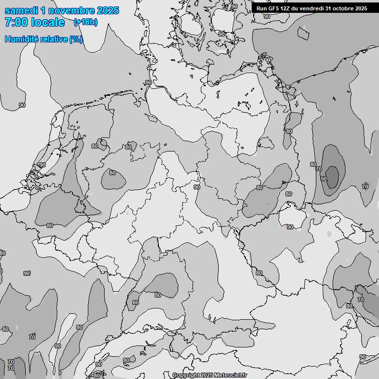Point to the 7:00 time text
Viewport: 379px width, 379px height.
[x=16, y=22]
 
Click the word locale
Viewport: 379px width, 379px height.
[x=47, y=22]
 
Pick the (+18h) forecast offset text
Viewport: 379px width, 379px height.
[x=85, y=22]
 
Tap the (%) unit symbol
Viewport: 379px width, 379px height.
[x=76, y=39]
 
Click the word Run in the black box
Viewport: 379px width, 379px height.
[x=262, y=8]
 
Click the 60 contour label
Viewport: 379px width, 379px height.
[x=324, y=179]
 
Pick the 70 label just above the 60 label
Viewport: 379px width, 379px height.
[x=318, y=169]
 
